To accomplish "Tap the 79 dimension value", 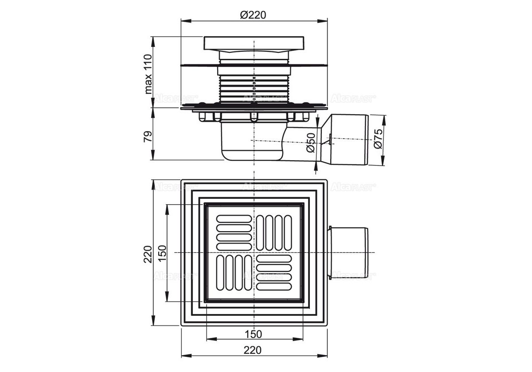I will (x=149, y=136).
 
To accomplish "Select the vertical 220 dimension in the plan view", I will (x=149, y=254).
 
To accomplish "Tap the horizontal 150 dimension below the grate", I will (x=253, y=333).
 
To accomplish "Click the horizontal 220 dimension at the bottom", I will (x=253, y=350).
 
